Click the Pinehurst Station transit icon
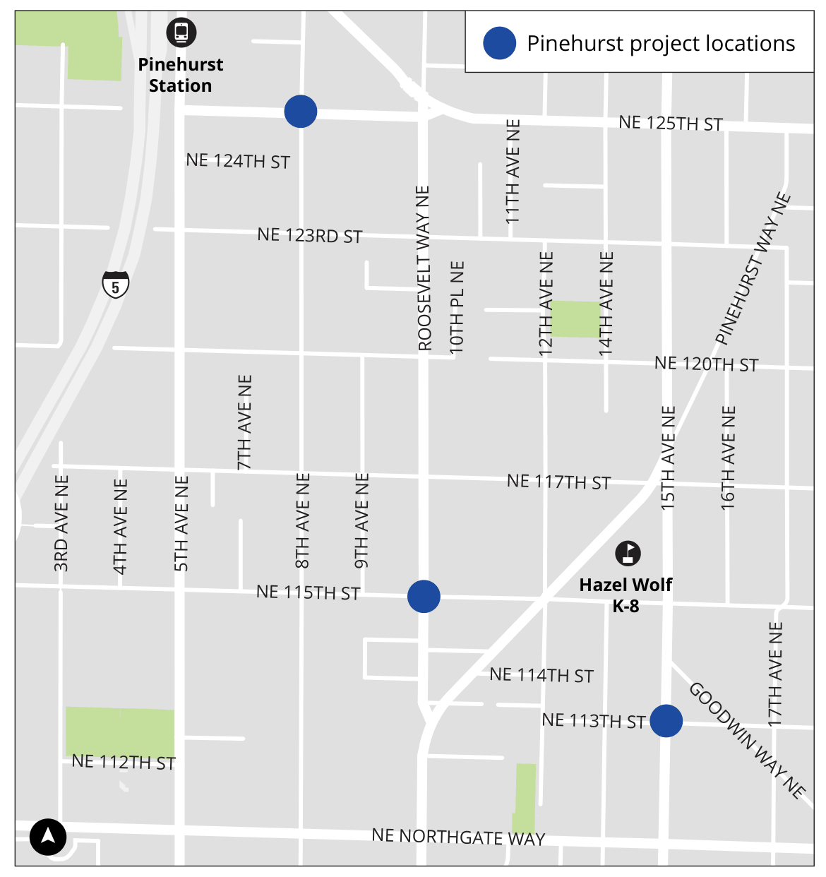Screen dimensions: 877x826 point(181,32)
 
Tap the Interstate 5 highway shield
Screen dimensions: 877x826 point(116,284)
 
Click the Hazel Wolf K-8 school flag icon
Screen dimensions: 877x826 point(628,553)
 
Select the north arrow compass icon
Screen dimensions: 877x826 point(48,837)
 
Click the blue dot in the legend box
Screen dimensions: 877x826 point(499,43)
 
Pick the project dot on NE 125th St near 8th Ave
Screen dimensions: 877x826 point(301,112)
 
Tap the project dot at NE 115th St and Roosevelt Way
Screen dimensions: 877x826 point(424,597)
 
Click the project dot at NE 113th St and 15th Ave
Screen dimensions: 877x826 point(666,721)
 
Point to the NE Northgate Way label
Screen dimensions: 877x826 point(458,837)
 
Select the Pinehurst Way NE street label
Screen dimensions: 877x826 point(753,268)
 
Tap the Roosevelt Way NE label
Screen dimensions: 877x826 point(424,268)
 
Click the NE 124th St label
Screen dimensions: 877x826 point(238,161)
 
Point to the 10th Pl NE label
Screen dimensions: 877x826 point(457,307)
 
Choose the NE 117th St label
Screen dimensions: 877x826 point(558,482)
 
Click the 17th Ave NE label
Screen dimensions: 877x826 point(775,674)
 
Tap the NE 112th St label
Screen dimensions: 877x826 point(124,763)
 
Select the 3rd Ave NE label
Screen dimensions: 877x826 point(61,523)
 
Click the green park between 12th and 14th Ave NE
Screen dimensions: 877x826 point(575,319)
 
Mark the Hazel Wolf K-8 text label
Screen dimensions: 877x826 point(626,595)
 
